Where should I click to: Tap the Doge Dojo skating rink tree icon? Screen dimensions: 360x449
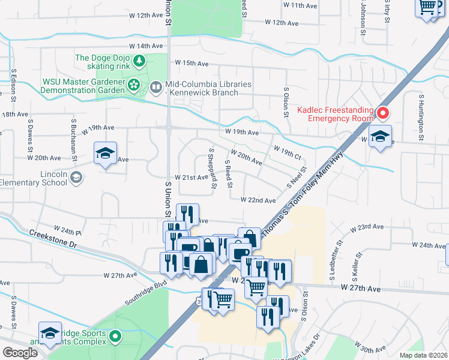pos(139,61)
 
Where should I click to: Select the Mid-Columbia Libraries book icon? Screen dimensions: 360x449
pos(156,88)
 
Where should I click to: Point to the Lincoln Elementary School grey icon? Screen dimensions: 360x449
pos(76,176)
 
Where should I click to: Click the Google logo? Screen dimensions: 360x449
pos(19,353)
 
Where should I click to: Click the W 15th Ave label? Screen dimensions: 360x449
pos(191,63)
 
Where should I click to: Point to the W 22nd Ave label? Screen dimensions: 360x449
pos(258,200)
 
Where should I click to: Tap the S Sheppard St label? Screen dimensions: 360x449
pos(212,169)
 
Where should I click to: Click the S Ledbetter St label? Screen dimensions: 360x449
pos(335,261)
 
